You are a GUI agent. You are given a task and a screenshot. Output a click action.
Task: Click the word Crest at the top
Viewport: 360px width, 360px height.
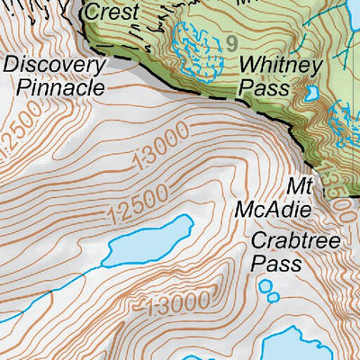(x=111, y=13)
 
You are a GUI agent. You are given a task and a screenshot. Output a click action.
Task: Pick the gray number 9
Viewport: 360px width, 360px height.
(x=232, y=42)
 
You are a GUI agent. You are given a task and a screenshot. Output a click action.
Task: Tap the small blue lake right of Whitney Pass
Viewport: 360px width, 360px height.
(x=312, y=92)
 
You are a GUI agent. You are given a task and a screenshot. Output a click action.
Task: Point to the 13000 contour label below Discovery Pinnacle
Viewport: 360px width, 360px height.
(x=159, y=148)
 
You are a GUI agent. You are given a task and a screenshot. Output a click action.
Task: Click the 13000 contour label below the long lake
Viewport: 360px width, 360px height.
(x=181, y=302)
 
